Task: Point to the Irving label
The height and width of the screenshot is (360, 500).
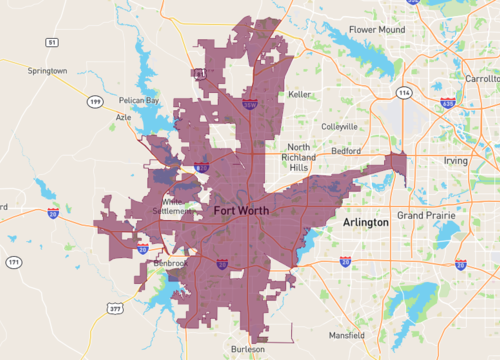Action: pyautogui.click(x=456, y=160)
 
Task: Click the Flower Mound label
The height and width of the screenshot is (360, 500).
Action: pyautogui.click(x=377, y=30)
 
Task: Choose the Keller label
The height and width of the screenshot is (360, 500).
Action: pyautogui.click(x=299, y=94)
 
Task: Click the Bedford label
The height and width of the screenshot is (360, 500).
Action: pyautogui.click(x=346, y=150)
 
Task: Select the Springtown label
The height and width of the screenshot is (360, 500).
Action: pyautogui.click(x=47, y=72)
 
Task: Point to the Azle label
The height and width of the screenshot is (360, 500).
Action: pyautogui.click(x=124, y=117)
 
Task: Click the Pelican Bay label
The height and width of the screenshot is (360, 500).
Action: pyautogui.click(x=138, y=101)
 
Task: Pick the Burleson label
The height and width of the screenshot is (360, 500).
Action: pyautogui.click(x=247, y=349)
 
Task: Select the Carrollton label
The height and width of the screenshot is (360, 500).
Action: pyautogui.click(x=481, y=77)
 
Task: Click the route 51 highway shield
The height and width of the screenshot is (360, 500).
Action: pyautogui.click(x=51, y=42)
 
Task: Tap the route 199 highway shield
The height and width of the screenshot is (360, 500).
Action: pyautogui.click(x=95, y=102)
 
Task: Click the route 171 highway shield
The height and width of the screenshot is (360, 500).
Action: pyautogui.click(x=14, y=262)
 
